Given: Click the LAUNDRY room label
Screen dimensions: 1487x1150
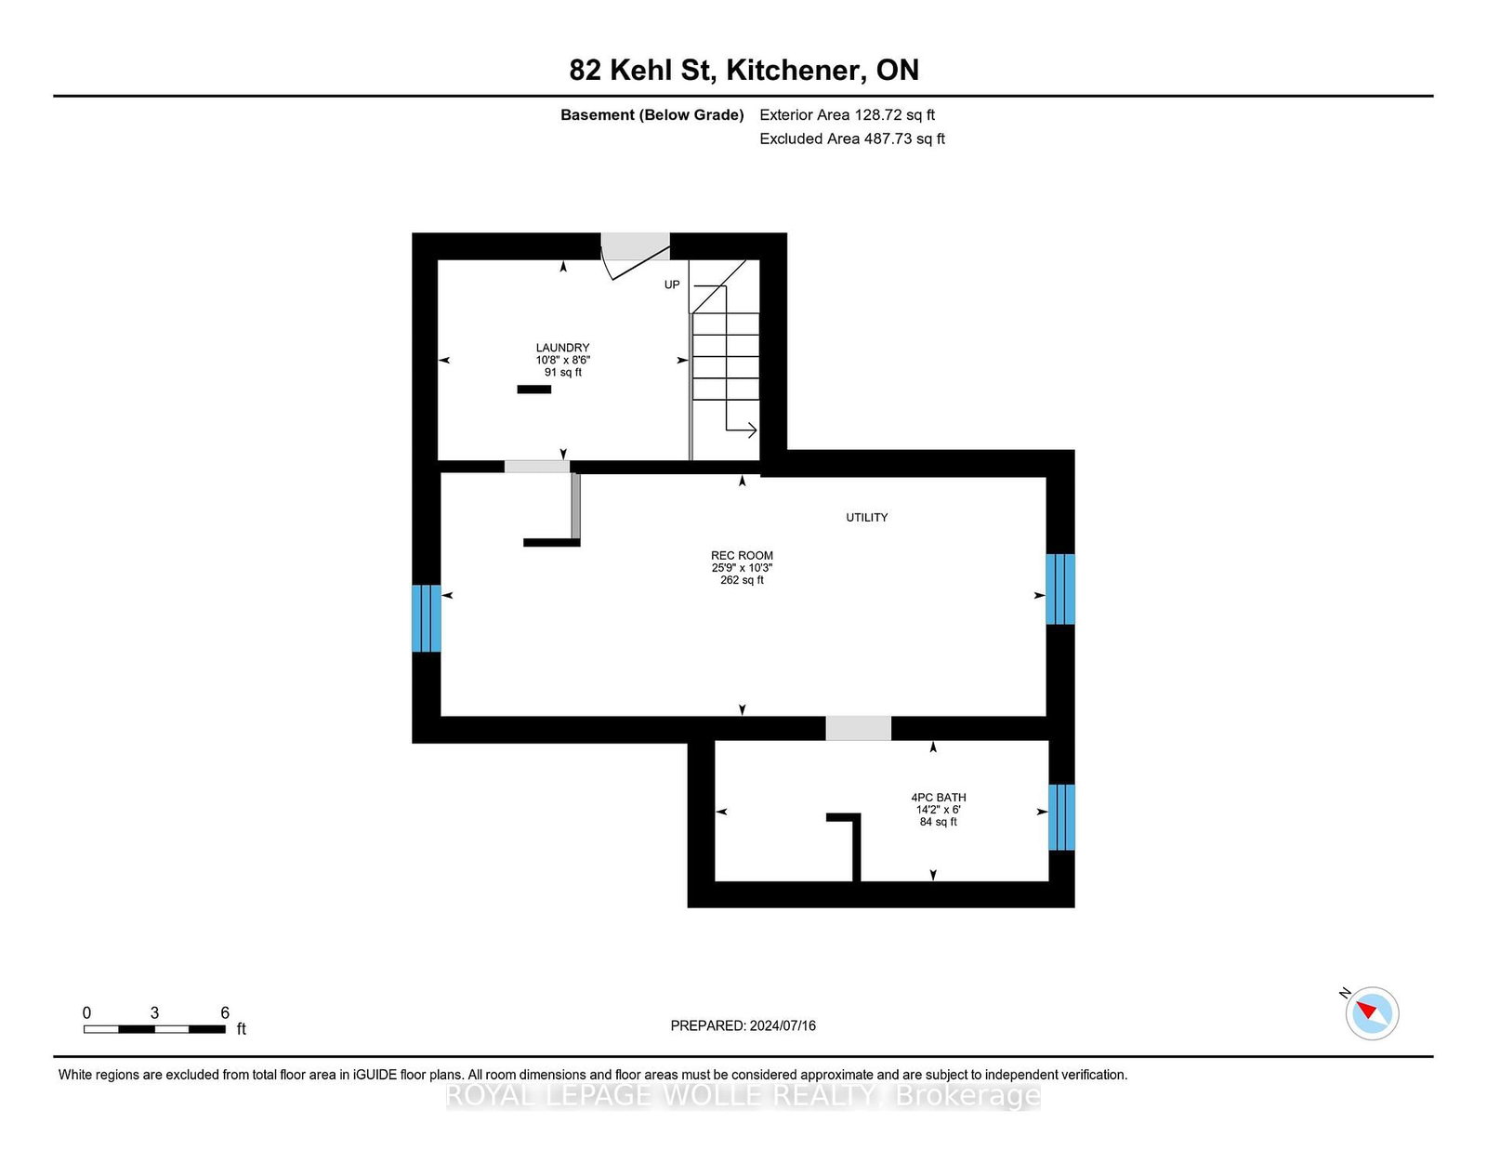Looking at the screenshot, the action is (x=562, y=348).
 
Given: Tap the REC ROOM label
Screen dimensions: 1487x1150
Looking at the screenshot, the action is (x=742, y=556).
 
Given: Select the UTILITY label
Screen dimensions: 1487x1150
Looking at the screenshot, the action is (x=866, y=518).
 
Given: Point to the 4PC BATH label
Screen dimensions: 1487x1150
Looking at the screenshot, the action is (x=938, y=798).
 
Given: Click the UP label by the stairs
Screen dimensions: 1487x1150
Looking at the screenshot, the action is (x=672, y=284).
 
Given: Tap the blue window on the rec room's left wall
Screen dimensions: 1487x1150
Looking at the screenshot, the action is (x=426, y=618).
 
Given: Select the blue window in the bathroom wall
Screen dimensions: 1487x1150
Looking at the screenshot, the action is (x=1061, y=817).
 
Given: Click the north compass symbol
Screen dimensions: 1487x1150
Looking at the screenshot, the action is (x=1372, y=1013).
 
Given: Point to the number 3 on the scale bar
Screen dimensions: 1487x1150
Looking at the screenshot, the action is (x=154, y=1013).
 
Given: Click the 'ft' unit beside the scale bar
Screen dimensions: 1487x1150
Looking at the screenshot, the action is (x=241, y=1029).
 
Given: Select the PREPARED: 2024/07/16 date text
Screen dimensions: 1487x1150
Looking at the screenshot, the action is (x=743, y=1025).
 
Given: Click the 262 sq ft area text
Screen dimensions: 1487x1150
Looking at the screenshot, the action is (x=742, y=580).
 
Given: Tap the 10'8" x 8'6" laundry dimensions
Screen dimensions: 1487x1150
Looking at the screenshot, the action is (x=562, y=360).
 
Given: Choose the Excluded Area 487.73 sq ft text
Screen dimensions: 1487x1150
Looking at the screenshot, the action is (x=852, y=139).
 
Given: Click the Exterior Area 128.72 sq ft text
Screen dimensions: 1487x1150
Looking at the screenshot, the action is (x=848, y=115).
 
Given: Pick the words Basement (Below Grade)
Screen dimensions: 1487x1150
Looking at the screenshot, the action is (x=652, y=115).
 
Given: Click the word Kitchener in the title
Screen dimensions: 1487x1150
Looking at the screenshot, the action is (x=793, y=70).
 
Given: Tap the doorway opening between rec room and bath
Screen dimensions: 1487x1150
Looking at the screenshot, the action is (x=858, y=728).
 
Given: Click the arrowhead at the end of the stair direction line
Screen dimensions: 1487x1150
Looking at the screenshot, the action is (x=752, y=430).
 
